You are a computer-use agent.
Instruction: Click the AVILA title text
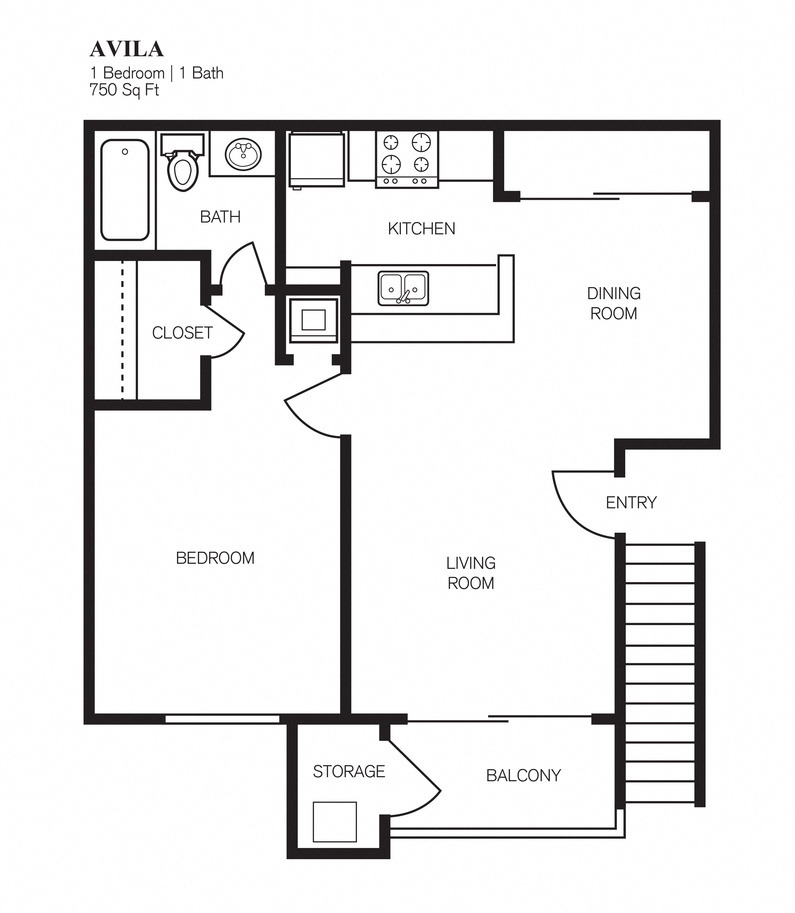tap(127, 50)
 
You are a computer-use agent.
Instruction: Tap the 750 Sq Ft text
tap(124, 90)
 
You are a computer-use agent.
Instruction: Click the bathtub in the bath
tap(125, 190)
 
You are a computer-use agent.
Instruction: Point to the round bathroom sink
tap(243, 154)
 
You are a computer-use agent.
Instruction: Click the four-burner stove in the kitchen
tap(406, 159)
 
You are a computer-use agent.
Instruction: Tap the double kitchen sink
tap(403, 289)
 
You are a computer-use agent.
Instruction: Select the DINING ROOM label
tap(613, 303)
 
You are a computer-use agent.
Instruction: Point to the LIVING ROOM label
tap(471, 573)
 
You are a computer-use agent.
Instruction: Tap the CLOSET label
tap(182, 333)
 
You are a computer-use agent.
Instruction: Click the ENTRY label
tap(631, 503)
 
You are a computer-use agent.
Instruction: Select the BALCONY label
tap(523, 775)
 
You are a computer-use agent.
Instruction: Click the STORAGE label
tap(349, 772)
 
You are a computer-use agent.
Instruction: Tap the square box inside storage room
tap(334, 822)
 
